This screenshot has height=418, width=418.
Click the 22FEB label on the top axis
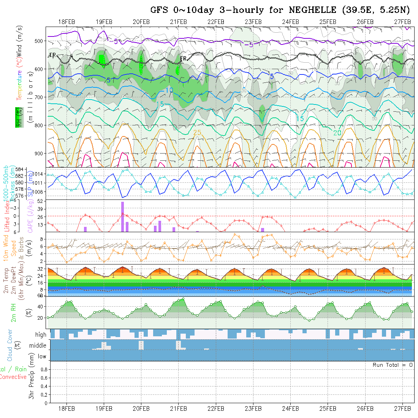[216, 22]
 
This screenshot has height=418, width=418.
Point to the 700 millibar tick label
[40, 97]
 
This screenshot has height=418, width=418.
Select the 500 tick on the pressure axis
[40, 41]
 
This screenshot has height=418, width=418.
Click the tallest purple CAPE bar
[123, 217]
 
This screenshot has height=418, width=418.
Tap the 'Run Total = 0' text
[393, 365]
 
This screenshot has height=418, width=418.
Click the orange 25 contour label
[197, 133]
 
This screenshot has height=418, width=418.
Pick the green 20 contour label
[337, 133]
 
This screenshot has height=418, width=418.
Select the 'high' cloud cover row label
[41, 335]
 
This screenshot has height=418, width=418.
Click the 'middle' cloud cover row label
[38, 346]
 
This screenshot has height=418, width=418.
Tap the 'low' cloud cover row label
[42, 356]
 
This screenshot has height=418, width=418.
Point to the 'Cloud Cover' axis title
[10, 345]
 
